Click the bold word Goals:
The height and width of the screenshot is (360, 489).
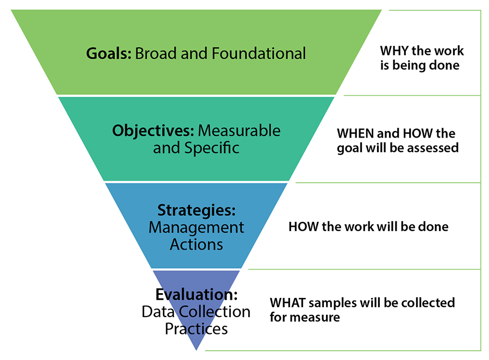pos(109,54)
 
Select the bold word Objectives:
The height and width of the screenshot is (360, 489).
pos(153,131)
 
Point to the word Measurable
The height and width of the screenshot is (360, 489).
pos(239,131)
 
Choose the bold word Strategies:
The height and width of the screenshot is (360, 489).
pos(196,210)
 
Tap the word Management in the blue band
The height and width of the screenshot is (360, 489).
pos(196,227)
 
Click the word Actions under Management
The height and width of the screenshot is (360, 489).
pos(196,244)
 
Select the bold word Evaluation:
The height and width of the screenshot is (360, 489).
pos(196,295)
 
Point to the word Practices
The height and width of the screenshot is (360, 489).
pos(196,329)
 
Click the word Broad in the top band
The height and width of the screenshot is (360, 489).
pos(154,54)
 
